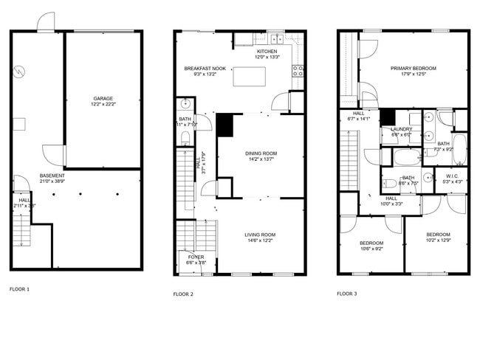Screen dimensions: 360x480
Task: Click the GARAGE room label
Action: pos(103,98)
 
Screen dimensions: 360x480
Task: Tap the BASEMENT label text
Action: pos(52,176)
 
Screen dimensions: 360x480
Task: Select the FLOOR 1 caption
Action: pos(19,288)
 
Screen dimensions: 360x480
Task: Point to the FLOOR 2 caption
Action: pos(183,294)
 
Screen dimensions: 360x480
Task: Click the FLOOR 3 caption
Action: pos(346,294)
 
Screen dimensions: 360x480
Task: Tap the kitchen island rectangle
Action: pos(249,76)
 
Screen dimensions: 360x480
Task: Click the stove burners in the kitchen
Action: pos(299,71)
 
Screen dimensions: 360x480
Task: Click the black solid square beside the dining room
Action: pos(224,125)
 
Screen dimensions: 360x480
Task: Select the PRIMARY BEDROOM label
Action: pos(413,68)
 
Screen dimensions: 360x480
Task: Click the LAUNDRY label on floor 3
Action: pos(401,129)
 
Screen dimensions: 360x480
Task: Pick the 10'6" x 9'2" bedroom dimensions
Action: pos(371,249)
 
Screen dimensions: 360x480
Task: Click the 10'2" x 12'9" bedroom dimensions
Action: pos(438,240)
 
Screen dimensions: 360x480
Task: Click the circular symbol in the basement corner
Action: pos(21,72)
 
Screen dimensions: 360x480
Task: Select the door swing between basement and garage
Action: pos(52,153)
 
